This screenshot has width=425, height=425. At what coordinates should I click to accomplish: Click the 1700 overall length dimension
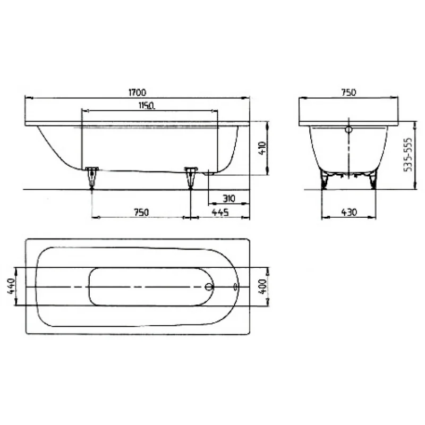138,92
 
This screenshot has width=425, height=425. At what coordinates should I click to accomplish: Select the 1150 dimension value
147,105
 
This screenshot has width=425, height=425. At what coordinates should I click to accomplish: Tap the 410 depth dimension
262,148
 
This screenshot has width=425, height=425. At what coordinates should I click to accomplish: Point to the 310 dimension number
229,199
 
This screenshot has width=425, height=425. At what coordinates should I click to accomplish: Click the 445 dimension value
220,212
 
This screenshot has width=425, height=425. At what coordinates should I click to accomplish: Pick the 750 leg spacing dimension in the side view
141,212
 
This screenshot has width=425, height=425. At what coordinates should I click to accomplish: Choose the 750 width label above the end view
348,92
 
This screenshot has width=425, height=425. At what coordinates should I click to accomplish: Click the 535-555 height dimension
407,155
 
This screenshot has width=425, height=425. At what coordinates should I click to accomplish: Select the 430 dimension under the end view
349,212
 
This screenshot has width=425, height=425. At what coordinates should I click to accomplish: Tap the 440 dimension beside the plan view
11,286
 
